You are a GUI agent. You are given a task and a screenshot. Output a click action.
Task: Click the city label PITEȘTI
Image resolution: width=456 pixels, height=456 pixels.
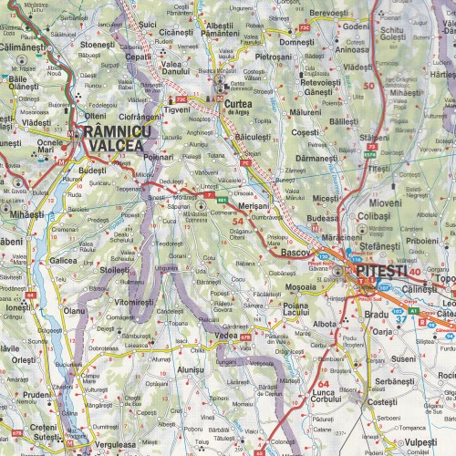[x=378, y=271]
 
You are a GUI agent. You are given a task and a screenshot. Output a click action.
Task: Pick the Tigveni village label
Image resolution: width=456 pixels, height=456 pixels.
[x=177, y=109]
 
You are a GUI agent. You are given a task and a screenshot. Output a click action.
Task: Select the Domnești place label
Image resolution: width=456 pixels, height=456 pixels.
[x=297, y=42]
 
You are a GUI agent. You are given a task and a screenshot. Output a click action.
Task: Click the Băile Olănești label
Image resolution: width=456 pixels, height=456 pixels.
[x=26, y=82]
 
